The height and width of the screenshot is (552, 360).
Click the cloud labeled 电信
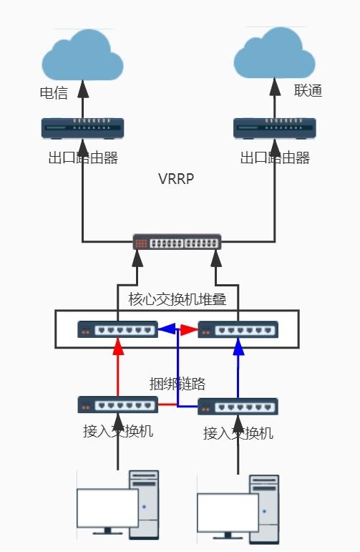(82, 57)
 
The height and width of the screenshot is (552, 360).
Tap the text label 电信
(54, 93)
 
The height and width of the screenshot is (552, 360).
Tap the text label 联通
(308, 91)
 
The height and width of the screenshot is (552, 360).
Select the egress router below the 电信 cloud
(82, 128)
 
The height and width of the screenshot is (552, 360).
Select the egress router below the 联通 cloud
(275, 128)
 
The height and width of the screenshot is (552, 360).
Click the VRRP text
(177, 179)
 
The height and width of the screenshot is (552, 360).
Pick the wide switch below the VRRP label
(177, 242)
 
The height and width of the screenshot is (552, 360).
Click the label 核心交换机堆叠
(177, 299)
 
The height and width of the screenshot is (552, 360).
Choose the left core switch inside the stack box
(117, 329)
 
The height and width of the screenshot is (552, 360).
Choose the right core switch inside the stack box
(238, 329)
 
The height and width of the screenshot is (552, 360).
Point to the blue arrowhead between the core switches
(166, 329)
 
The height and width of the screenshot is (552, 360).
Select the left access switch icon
(117, 405)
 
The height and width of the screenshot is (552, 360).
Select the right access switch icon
(238, 407)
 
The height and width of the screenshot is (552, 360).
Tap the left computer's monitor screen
(107, 508)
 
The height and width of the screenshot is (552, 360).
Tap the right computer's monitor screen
(228, 512)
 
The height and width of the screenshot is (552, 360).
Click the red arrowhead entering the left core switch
(118, 347)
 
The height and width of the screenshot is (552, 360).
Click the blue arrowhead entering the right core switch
(238, 347)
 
